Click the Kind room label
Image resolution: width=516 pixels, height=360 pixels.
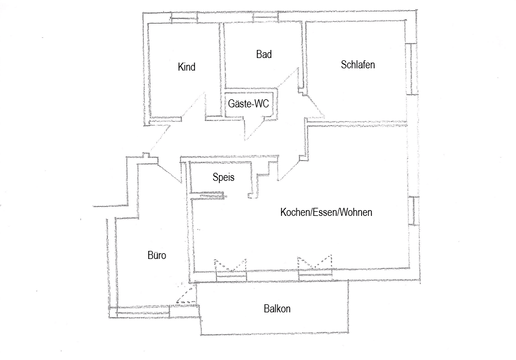[187, 67]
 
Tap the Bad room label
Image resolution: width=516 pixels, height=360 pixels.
[264, 54]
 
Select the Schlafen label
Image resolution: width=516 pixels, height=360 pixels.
[358, 65]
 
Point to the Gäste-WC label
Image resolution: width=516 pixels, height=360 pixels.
[248, 104]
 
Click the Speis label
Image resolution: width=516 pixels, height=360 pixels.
[224, 177]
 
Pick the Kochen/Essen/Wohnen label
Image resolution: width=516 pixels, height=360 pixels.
[326, 212]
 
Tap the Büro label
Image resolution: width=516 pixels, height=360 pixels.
[157, 256]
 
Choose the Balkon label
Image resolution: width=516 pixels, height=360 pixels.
[277, 309]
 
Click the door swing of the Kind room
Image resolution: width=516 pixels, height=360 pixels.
[194, 106]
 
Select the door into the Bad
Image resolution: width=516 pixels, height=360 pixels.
[288, 78]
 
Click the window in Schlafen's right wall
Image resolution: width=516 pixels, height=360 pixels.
[411, 68]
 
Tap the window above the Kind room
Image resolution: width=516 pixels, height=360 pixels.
[184, 17]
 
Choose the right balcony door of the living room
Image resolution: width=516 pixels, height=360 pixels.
[315, 268]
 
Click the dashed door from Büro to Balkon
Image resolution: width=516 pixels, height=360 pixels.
[187, 293]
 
